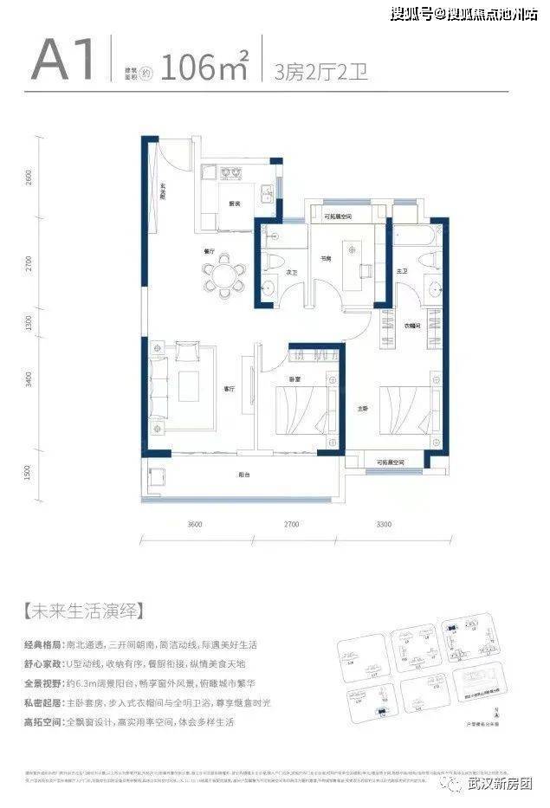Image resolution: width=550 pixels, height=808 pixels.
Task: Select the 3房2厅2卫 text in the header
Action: point(320,70)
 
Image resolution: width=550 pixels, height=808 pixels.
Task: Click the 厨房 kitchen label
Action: point(235,204)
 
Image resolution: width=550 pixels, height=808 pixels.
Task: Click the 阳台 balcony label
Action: point(245,475)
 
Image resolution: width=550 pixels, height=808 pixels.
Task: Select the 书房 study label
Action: point(328,258)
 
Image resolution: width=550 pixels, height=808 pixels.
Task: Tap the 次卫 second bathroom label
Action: point(292,272)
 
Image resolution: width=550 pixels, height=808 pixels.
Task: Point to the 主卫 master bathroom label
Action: point(402,272)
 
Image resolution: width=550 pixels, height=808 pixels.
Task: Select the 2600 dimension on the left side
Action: point(29,177)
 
